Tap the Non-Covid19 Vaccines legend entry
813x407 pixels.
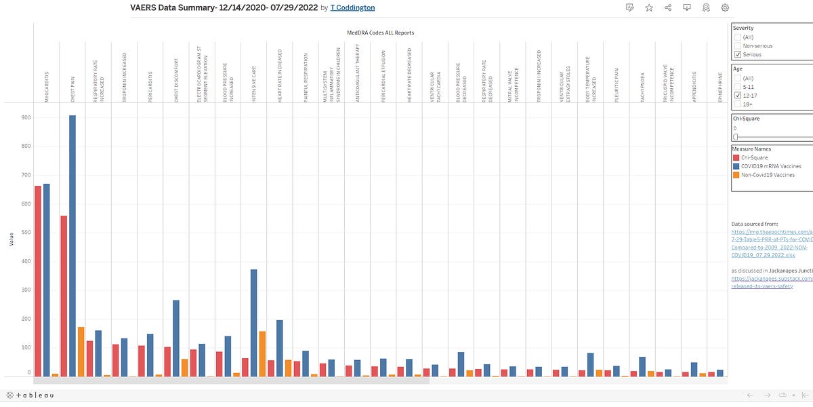[765, 175]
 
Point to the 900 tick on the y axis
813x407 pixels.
[26, 117]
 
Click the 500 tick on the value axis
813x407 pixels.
[26, 233]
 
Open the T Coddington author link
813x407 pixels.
[352, 7]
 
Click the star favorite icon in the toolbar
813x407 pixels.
[649, 7]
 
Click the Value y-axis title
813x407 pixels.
[10, 238]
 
